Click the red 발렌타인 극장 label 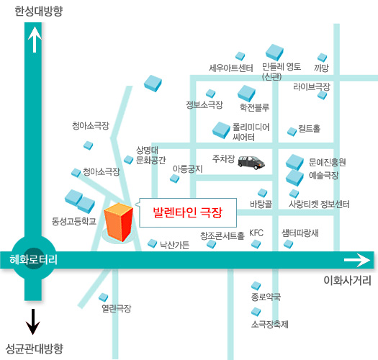tap(187, 212)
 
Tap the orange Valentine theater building tap(118, 222)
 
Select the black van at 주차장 tap(251, 163)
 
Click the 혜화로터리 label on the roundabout tap(34, 259)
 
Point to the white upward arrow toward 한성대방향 tap(35, 40)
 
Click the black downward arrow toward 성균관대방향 tap(32, 321)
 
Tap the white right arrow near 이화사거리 tap(357, 260)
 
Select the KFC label tap(256, 233)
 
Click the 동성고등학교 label tap(74, 221)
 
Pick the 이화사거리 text tap(347, 280)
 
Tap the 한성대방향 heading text tap(39, 11)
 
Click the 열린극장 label tap(117, 308)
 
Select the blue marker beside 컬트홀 tap(292, 132)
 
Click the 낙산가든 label tap(175, 245)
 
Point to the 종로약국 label tap(266, 297)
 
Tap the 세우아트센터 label tap(230, 68)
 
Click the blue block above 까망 tap(322, 58)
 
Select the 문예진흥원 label tap(328, 162)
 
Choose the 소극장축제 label tap(270, 324)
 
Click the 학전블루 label tap(254, 107)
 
